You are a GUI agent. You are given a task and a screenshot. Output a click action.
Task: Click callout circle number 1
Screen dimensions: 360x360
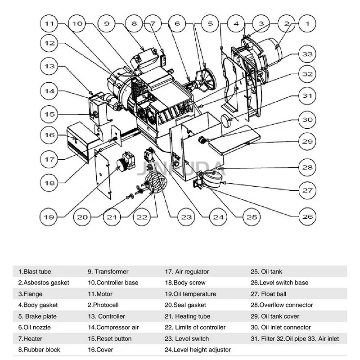click(307, 23)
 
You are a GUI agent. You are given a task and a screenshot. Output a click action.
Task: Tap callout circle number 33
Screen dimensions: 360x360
click(307, 54)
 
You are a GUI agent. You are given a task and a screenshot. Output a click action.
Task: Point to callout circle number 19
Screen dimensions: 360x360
click(49, 216)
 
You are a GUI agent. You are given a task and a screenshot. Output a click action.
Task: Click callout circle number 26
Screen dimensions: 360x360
click(307, 216)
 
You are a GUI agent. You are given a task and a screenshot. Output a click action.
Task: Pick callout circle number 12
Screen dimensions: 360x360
click(49, 44)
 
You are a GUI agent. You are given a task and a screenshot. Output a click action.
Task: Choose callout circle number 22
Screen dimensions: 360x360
click(142, 216)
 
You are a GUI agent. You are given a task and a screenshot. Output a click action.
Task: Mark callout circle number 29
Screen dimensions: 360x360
click(307, 142)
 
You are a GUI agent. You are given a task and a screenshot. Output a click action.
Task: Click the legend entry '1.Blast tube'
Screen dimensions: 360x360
click(35, 272)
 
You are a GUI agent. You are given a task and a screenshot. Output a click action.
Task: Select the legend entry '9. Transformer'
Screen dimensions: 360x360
click(108, 272)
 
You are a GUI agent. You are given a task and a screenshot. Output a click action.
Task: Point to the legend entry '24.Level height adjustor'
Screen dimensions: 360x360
click(198, 350)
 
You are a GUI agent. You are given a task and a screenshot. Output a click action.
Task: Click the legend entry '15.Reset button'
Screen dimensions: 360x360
click(109, 338)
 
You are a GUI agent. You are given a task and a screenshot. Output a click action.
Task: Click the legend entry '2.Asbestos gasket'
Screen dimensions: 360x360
click(44, 283)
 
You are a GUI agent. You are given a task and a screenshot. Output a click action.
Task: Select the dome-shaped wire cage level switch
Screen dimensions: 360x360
click(156, 183)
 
